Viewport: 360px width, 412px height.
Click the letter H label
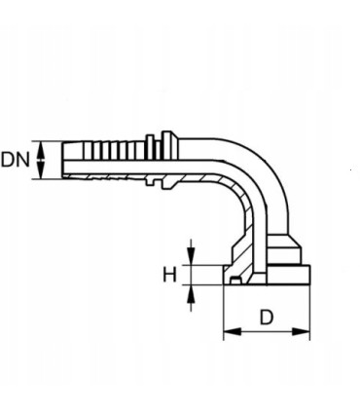click(x=168, y=274)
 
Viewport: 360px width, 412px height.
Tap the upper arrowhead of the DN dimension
click(x=40, y=145)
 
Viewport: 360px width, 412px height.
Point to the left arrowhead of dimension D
click(x=230, y=332)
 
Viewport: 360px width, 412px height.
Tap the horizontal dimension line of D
click(x=268, y=332)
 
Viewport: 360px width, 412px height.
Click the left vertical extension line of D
click(x=224, y=312)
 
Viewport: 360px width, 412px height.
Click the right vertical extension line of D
click(x=310, y=312)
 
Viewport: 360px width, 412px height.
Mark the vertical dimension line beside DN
click(x=40, y=160)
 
